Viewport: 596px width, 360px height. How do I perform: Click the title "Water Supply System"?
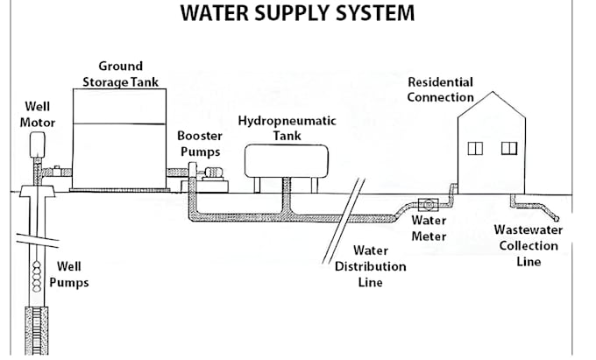[x=297, y=14]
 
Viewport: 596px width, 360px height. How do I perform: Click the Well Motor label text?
[x=37, y=115]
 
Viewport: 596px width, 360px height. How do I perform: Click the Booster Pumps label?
[x=200, y=144]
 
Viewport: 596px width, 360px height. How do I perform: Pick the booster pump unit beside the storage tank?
[x=209, y=180]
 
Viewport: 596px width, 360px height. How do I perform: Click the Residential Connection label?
[x=440, y=89]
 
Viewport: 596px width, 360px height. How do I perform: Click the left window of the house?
[x=475, y=148]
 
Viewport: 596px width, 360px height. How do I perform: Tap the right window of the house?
[x=509, y=148]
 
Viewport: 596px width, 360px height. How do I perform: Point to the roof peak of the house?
[x=492, y=92]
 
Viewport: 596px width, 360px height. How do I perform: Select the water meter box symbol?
[x=429, y=205]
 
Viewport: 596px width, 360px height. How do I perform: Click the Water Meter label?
[x=429, y=229]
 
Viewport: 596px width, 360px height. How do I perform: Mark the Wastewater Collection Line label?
[x=528, y=245]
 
